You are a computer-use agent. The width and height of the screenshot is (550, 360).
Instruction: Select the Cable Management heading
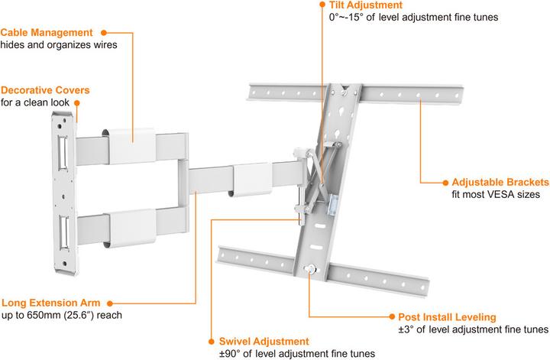47,33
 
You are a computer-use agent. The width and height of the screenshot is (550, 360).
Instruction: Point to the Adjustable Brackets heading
500,183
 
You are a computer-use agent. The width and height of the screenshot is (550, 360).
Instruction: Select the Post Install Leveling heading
447,316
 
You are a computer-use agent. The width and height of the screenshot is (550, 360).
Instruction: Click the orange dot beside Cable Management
104,33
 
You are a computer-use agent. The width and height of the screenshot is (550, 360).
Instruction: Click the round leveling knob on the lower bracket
308,268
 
